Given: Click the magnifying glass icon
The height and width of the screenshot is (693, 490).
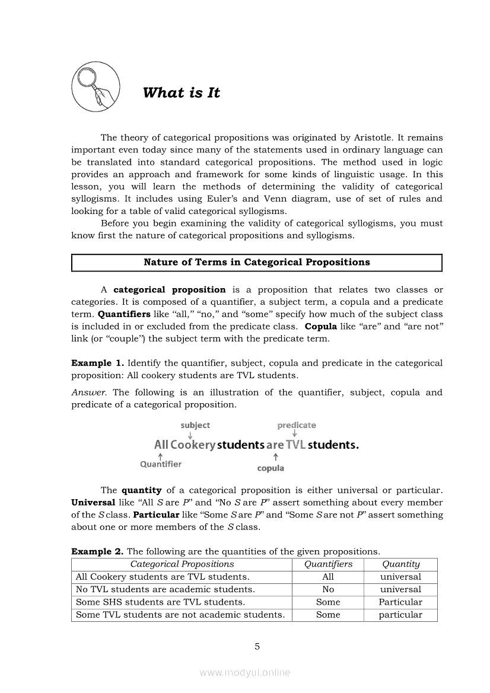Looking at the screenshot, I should tap(96, 85).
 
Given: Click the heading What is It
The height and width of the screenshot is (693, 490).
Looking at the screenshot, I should tap(182, 93).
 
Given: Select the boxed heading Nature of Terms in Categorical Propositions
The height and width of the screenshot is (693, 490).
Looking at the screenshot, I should tap(256, 262).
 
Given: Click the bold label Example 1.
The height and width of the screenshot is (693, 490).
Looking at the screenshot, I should tap(97, 363).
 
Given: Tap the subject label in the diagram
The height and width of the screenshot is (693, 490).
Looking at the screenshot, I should tap(195, 425).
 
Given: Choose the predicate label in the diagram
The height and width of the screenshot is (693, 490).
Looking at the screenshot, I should tap(297, 425).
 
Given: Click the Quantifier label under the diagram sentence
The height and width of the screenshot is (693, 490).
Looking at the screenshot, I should tap(161, 464).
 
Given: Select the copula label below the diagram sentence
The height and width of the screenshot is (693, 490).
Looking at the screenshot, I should tap(271, 468).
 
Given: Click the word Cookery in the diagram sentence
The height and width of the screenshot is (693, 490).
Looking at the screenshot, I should tap(192, 445).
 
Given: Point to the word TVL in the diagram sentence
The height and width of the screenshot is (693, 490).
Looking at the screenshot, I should tap(295, 445).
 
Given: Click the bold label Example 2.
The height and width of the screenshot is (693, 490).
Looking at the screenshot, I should tap(98, 551).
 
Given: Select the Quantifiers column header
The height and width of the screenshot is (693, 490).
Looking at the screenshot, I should tap(328, 564).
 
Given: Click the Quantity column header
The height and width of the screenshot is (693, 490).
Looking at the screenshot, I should tap(400, 564).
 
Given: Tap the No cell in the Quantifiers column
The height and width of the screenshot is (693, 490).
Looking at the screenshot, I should tap(328, 589).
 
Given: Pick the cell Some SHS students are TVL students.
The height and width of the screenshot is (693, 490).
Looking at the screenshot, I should tap(160, 602).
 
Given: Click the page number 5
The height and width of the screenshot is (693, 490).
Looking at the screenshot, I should tap(257, 647).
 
